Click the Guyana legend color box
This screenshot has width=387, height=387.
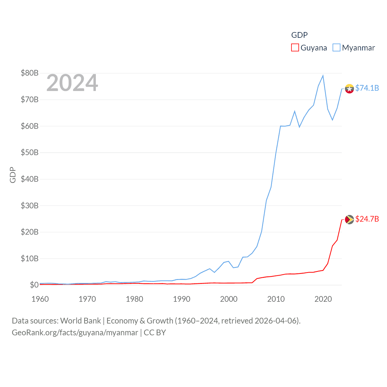point(295,48)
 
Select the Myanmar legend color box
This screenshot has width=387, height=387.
point(336,48)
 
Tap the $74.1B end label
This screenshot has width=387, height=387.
point(367,88)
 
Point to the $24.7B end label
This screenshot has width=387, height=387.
point(367,219)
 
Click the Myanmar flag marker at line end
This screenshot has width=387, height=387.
point(350,89)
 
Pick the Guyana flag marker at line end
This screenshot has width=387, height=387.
point(350,220)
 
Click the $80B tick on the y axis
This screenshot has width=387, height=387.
point(30,73)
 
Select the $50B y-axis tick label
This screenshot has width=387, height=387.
point(30,152)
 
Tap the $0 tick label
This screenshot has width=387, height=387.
point(34,285)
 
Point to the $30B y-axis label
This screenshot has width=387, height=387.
point(30,206)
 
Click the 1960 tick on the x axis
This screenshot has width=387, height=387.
point(40,299)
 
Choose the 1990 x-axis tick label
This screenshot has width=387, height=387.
point(182,299)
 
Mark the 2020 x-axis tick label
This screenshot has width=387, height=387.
point(323,299)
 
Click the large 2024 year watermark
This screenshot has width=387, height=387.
point(72,83)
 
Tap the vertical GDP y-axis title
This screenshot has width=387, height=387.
point(13,175)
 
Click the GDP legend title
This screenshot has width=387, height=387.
point(299,35)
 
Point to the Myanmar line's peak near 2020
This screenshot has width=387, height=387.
point(323,76)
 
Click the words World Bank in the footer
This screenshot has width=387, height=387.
point(80,320)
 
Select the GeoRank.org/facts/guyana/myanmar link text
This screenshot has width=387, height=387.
point(75,333)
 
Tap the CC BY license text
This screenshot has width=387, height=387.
point(155,333)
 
